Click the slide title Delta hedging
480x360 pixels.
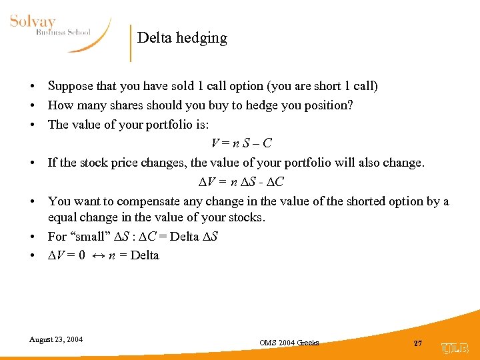pos(182,38)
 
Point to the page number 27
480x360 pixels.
pos(418,343)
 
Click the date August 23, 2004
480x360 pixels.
pos(56,339)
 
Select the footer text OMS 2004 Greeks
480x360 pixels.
pos(289,343)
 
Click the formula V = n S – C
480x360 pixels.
pos(241,143)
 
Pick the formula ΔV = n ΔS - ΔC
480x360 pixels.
pos(241,182)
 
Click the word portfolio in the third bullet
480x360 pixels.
pos(155,125)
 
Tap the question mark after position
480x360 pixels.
pos(350,105)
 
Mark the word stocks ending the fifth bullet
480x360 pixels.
pos(247,217)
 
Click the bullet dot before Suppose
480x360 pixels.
pos(32,87)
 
